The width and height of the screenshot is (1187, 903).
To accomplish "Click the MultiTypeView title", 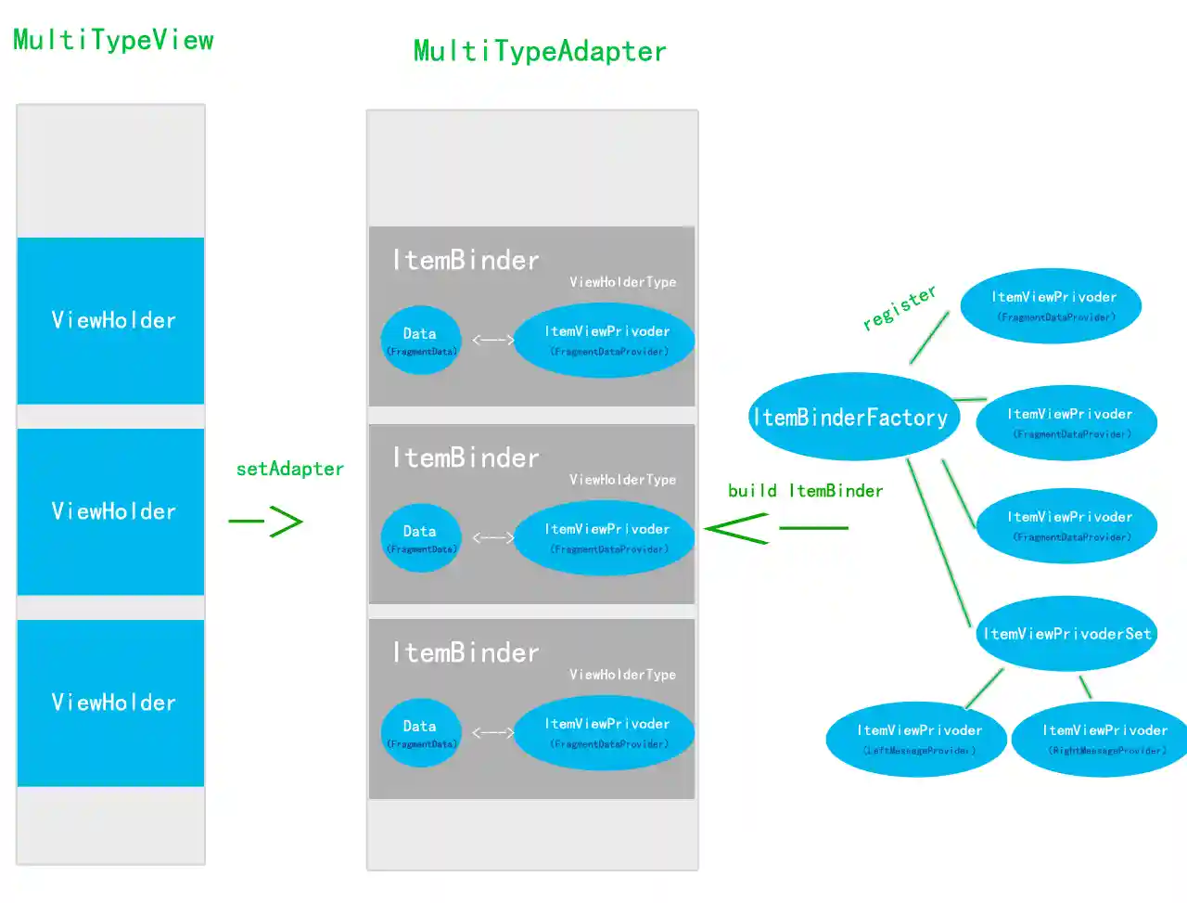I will coord(113,40).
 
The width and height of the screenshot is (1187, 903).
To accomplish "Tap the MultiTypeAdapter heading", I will coord(540,51).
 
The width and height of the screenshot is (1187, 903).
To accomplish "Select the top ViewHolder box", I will coord(111,320).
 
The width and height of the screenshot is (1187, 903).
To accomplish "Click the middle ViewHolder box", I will coord(111,511).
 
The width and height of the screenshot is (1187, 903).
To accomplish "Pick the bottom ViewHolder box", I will coord(111,703).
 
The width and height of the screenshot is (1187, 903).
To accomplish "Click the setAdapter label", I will coord(289,469).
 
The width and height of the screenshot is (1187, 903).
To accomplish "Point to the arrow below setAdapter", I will coord(267,521).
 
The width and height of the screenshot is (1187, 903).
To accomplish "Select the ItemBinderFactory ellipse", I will coord(850,418).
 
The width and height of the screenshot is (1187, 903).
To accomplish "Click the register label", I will coord(899,307).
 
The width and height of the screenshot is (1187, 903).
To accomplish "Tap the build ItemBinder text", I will coord(805,491).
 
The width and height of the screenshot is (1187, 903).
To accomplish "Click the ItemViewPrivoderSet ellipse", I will coord(1066,634).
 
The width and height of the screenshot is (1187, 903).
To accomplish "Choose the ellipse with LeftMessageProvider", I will coord(917,739).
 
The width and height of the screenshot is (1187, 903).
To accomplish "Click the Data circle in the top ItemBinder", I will coord(420,340).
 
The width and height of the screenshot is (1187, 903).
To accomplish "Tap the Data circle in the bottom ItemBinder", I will coord(420,732).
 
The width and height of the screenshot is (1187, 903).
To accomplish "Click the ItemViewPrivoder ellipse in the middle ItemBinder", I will coord(605,537).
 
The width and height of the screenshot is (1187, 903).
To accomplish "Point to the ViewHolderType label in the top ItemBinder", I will coord(622,282).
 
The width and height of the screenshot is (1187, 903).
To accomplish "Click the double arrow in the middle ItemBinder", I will coord(493,537).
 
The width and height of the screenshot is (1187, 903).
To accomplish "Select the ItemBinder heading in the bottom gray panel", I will coord(465,652).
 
